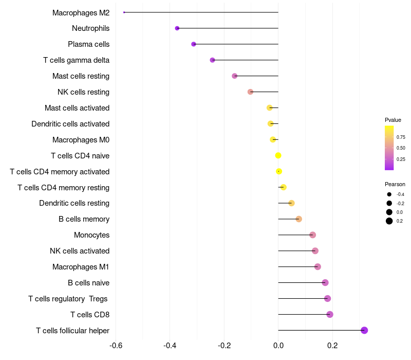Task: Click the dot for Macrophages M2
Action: (124, 12)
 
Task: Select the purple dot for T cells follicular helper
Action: (364, 330)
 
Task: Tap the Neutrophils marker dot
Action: (177, 28)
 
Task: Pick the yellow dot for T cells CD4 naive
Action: (278, 156)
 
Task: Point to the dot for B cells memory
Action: (299, 219)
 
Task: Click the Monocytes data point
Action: (312, 235)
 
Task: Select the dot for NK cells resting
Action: (250, 92)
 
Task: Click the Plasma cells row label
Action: (88, 44)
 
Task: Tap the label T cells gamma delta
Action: (76, 60)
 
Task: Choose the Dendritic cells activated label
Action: (70, 124)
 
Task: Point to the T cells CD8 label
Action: (90, 315)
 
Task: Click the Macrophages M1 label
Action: (81, 267)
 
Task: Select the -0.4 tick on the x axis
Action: (170, 345)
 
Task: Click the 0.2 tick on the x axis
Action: (332, 345)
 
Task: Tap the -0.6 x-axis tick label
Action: (116, 345)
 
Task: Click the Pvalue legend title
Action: (393, 120)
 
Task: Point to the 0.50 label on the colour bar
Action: (401, 148)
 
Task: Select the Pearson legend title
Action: (395, 184)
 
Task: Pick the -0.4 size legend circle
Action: (389, 194)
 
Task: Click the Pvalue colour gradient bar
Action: (389, 148)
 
